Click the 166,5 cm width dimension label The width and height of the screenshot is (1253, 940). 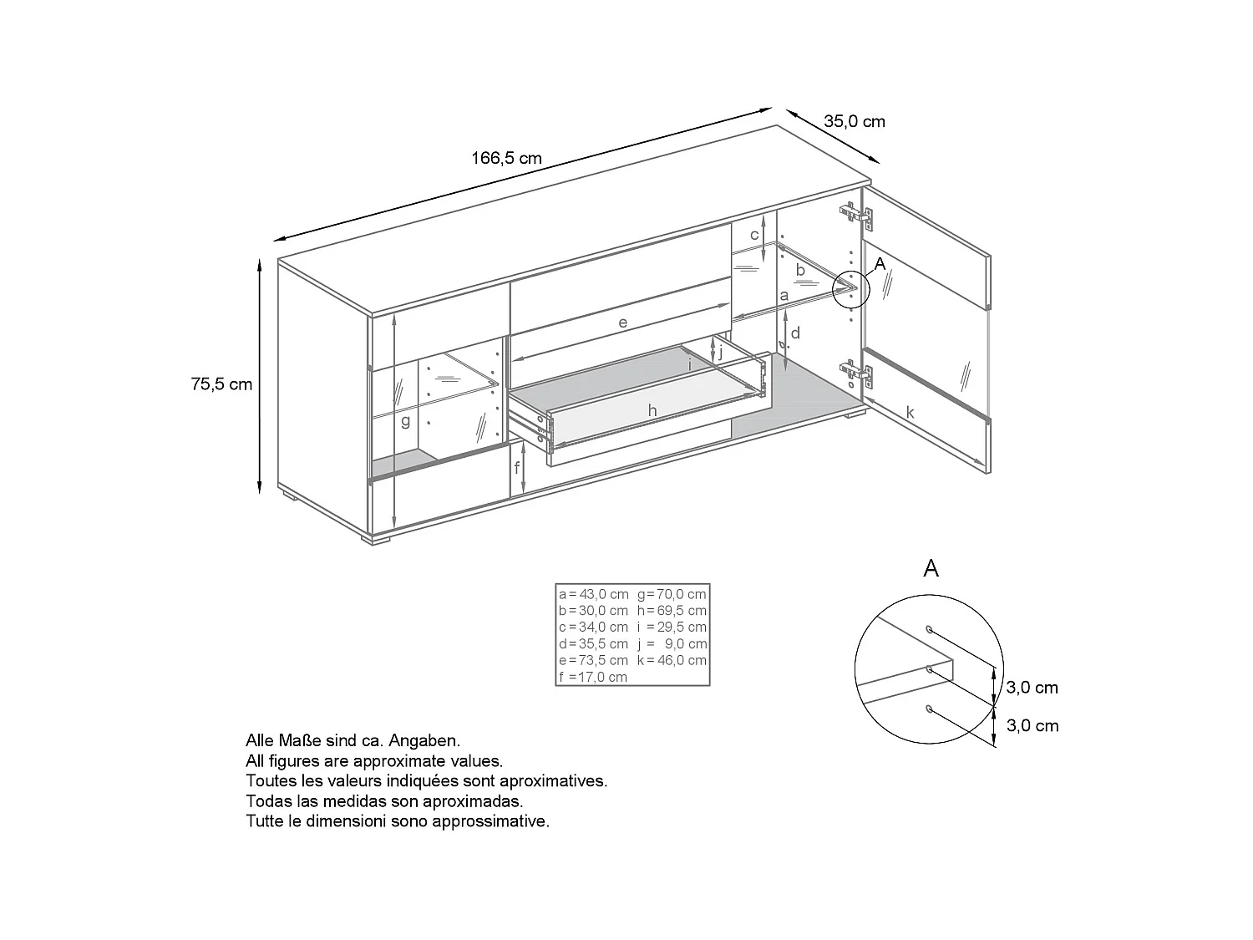click(x=506, y=158)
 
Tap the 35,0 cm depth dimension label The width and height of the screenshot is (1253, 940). click(x=855, y=121)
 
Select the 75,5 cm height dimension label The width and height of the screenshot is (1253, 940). click(x=221, y=384)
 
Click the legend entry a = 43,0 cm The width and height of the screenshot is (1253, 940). click(x=593, y=594)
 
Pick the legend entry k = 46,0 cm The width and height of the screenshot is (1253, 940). click(x=672, y=660)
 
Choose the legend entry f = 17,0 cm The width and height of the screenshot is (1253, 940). click(x=592, y=677)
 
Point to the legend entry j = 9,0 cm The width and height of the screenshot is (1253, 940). click(x=672, y=643)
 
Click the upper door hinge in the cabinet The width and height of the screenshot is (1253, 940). click(x=855, y=215)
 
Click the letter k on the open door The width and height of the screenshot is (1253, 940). click(x=911, y=412)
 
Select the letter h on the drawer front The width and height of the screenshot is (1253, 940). click(x=652, y=410)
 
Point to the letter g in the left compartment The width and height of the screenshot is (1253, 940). click(x=405, y=420)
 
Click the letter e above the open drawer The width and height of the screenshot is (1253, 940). click(x=623, y=322)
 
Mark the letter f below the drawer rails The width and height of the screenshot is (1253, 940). click(x=517, y=467)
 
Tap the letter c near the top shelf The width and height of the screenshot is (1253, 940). click(x=753, y=235)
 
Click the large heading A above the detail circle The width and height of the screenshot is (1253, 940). click(x=931, y=569)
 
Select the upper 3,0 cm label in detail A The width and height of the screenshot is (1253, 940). click(x=1032, y=688)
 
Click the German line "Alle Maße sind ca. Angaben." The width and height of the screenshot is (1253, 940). click(x=353, y=740)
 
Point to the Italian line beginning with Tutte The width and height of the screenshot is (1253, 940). click(x=398, y=821)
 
